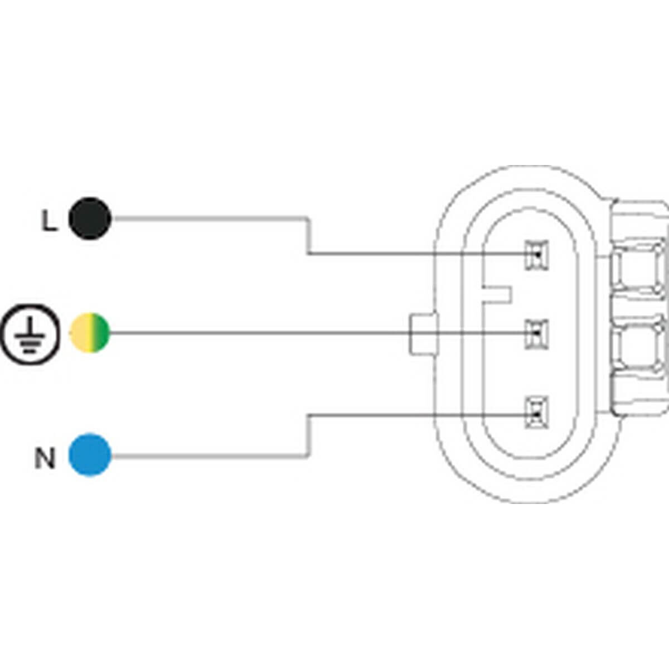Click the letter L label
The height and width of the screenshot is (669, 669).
click(x=49, y=221)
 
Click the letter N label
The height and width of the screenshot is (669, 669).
click(x=45, y=458)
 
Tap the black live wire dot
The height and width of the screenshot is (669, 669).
click(x=90, y=219)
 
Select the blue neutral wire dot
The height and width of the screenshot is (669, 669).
click(x=90, y=455)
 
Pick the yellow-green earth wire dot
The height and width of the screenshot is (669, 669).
click(x=90, y=333)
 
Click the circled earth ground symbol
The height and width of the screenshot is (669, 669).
click(x=30, y=333)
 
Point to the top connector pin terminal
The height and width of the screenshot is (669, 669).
click(x=536, y=255)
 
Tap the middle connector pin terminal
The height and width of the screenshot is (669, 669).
click(x=536, y=333)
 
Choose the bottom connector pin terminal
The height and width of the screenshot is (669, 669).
click(x=536, y=413)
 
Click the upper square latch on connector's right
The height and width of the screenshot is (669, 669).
click(x=639, y=270)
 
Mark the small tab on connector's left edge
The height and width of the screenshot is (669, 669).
click(x=423, y=333)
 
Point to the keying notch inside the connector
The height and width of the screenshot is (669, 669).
click(x=496, y=294)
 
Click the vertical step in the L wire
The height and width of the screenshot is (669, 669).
click(x=308, y=236)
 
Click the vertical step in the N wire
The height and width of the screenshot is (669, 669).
click(x=308, y=435)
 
